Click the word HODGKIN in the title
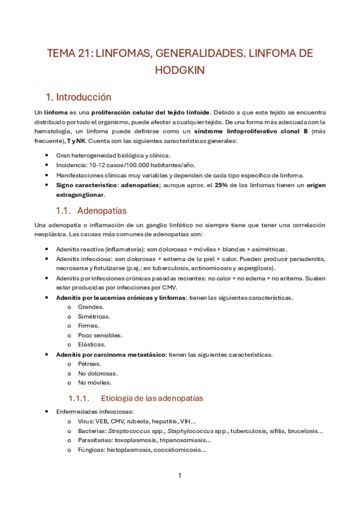[180, 70]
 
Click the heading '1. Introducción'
[79, 97]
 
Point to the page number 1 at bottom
[180, 475]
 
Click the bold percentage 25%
[221, 185]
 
